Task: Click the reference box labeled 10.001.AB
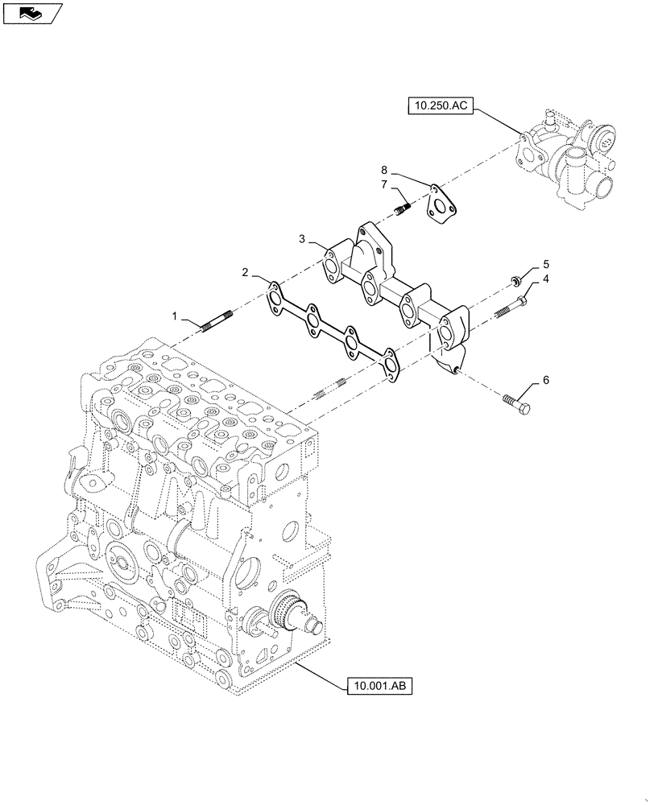click(x=380, y=686)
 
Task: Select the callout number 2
click(x=244, y=273)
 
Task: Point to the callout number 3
click(x=302, y=239)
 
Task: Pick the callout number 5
click(x=545, y=263)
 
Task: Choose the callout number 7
click(x=385, y=186)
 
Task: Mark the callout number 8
click(x=385, y=170)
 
